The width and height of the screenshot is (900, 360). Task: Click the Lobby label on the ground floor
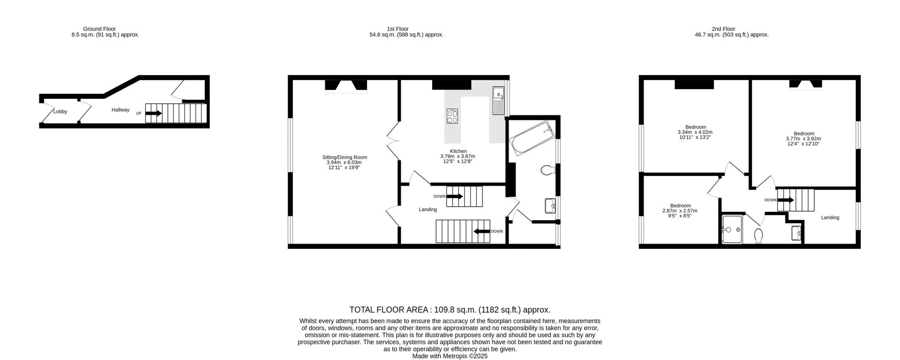pyautogui.click(x=60, y=112)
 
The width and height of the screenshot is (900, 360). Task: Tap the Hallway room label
pyautogui.click(x=120, y=110)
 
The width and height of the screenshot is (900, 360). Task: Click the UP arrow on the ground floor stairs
pyautogui.click(x=154, y=113)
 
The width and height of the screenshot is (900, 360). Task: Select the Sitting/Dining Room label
pyautogui.click(x=345, y=157)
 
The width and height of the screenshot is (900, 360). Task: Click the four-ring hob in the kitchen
pyautogui.click(x=452, y=116)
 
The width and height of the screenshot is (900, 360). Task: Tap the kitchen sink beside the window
pyautogui.click(x=498, y=101)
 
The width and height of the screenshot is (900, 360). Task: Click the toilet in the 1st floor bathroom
pyautogui.click(x=547, y=170)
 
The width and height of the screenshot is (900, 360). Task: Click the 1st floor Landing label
pyautogui.click(x=427, y=210)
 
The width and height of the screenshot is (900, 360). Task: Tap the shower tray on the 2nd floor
pyautogui.click(x=732, y=230)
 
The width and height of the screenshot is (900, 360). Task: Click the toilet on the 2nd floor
pyautogui.click(x=759, y=236)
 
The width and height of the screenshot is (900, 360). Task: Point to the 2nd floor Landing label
pyautogui.click(x=830, y=217)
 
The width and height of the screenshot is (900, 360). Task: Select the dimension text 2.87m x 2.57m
pyautogui.click(x=680, y=211)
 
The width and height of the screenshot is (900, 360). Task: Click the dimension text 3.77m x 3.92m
pyautogui.click(x=803, y=139)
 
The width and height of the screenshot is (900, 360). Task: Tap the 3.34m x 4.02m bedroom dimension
pyautogui.click(x=695, y=132)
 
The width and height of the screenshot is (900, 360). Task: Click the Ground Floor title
pyautogui.click(x=99, y=29)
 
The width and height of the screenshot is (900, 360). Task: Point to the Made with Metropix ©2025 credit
pyautogui.click(x=450, y=356)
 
